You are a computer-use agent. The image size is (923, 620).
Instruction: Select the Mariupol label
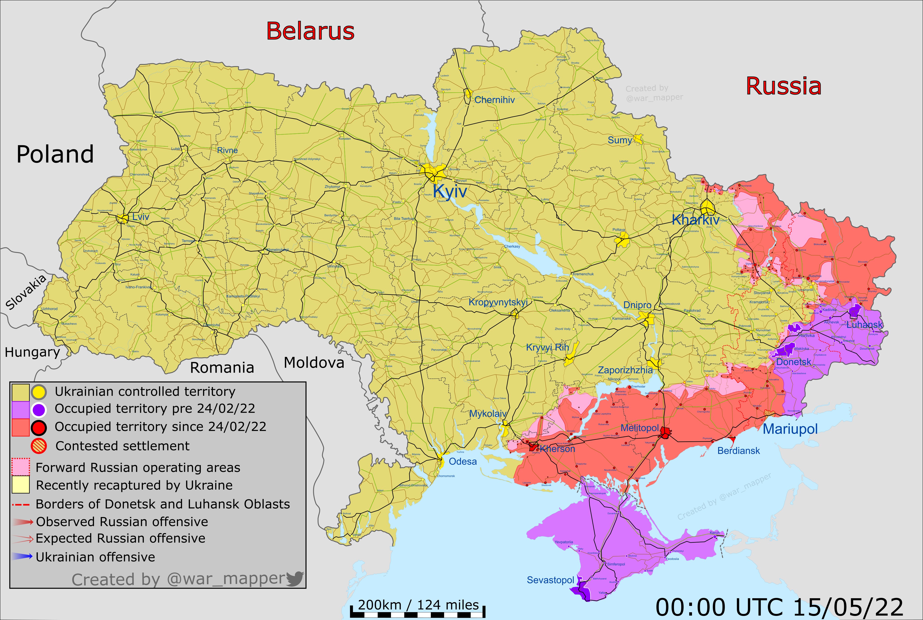pos(790,429)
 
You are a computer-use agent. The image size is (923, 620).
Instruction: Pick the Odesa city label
pos(463,461)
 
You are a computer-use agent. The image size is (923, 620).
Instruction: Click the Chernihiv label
pos(494,100)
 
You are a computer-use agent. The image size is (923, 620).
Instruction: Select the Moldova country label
pos(314,362)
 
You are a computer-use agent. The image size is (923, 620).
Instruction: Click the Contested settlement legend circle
pos(39,446)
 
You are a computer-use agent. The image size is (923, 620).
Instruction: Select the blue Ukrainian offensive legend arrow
pos(22,557)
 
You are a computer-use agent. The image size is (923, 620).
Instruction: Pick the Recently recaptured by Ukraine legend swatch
pos(21,485)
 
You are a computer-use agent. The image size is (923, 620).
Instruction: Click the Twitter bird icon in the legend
pos(295,579)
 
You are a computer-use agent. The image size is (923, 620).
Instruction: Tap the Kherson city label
pos(557,449)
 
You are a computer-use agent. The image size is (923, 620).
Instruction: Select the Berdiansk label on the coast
pos(738,451)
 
